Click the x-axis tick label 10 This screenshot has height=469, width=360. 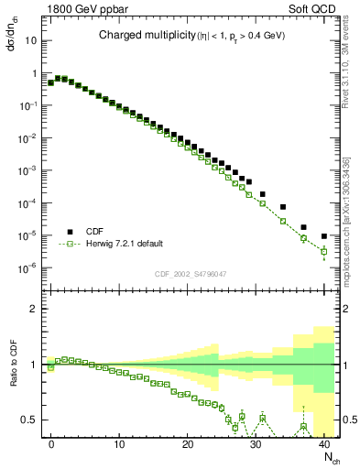tap(119, 443)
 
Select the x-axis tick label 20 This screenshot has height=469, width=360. tap(188, 443)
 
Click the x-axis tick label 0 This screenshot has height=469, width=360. tap(51, 443)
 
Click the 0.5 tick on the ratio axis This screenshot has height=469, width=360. tap(29, 420)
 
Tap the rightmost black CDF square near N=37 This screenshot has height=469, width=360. tap(303, 227)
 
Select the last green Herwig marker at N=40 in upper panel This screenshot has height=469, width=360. tap(323, 251)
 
